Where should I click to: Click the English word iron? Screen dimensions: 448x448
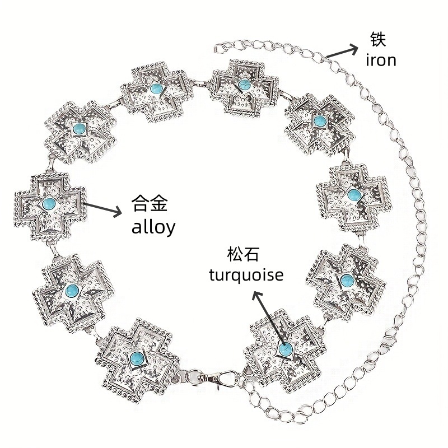pyautogui.click(x=381, y=60)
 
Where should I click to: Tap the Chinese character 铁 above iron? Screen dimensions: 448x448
pyautogui.click(x=379, y=39)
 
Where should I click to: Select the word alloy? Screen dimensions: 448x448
pyautogui.click(x=152, y=227)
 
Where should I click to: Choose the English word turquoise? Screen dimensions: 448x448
pyautogui.click(x=246, y=276)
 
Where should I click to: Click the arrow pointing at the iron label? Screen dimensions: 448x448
pyautogui.click(x=342, y=52)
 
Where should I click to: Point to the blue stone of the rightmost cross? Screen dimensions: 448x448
pyautogui.click(x=353, y=195)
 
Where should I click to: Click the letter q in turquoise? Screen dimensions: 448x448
pyautogui.click(x=239, y=278)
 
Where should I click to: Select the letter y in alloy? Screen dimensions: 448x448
pyautogui.click(x=169, y=229)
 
